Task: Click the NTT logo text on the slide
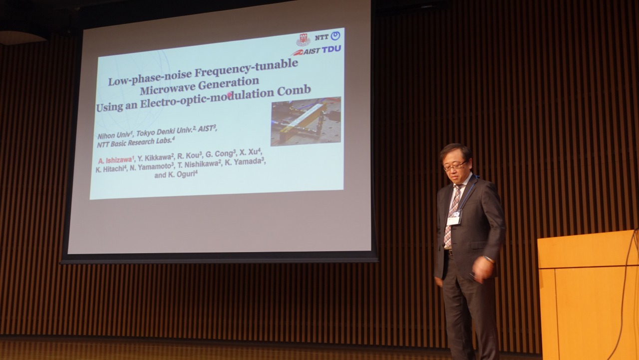point(321,37)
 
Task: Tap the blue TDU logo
point(331,49)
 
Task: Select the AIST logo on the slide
point(306,51)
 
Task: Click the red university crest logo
point(303,40)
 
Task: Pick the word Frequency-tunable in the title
point(246,67)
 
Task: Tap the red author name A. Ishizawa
point(115,160)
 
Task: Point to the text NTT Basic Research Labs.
point(135,142)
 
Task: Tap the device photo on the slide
point(306,121)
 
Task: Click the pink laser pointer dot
point(229,94)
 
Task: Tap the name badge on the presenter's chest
point(454,218)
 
